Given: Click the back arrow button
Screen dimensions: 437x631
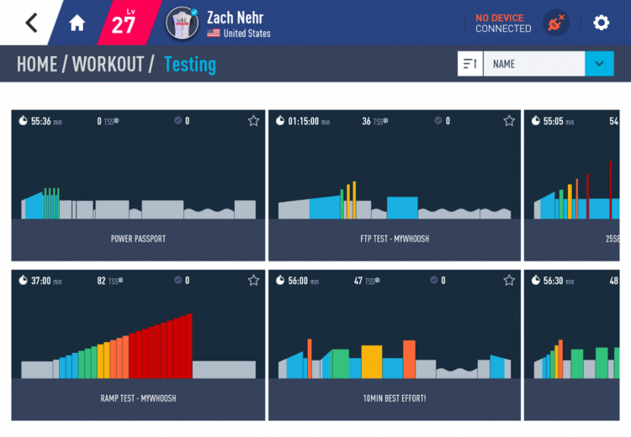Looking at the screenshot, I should pos(31,23).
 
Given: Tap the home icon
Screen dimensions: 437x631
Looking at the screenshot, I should pos(77,24).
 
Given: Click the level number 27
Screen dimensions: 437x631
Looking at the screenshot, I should pos(124,26).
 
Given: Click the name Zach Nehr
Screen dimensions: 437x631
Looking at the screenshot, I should pos(240,17).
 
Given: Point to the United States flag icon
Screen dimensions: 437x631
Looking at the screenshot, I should pos(214,34).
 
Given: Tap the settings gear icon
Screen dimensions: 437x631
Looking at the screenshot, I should pos(601,23).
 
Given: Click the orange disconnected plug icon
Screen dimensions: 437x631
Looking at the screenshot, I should pos(555,23).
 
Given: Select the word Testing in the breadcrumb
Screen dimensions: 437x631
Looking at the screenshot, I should pos(190,65).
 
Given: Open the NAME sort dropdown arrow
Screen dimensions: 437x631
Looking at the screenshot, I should pos(599,64).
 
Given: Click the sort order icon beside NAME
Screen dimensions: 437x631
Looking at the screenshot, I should pos(469,64).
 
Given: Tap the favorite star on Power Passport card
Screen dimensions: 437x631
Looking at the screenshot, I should pos(253,121).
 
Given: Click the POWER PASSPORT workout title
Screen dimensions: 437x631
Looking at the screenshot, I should pos(138,239).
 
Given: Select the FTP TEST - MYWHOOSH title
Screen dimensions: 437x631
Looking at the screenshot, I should pos(395,239).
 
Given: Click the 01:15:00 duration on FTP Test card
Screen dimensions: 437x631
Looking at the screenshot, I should pos(303,121).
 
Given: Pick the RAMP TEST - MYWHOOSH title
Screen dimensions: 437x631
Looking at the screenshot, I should pos(138,398).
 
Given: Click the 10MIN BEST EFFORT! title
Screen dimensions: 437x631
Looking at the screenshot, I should pos(395,398).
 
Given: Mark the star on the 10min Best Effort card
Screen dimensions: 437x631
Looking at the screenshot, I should pos(509,281).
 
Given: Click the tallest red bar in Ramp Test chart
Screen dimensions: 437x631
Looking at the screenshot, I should pos(189,345).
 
